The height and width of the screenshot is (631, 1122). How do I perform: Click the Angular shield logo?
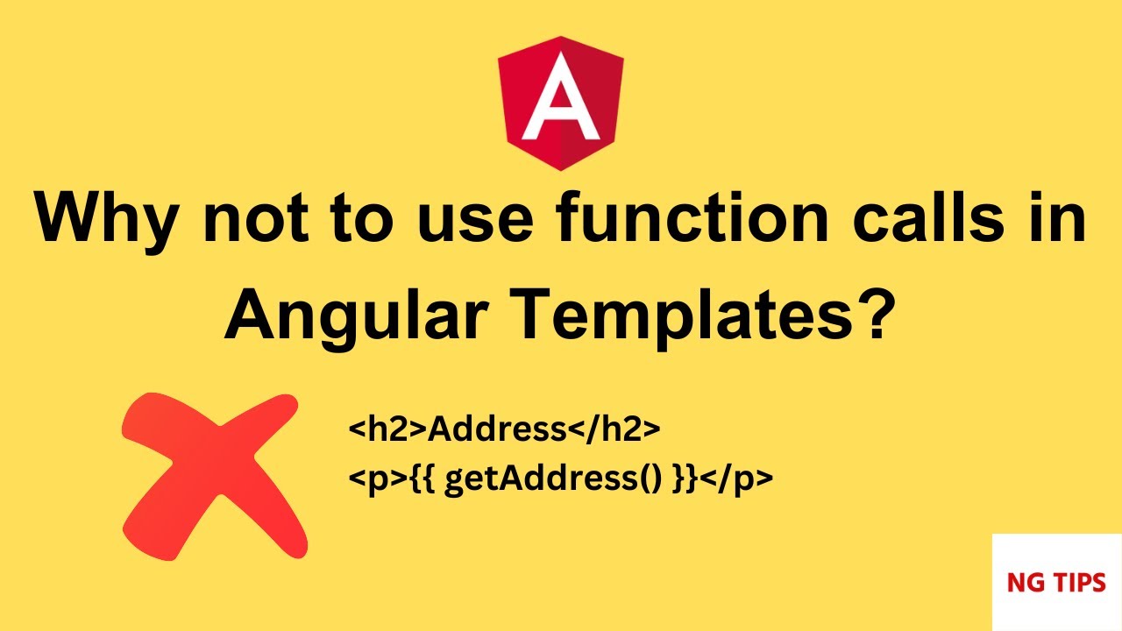coord(560,103)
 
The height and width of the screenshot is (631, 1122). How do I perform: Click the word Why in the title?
coord(106,220)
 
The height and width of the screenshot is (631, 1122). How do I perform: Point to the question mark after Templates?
coord(876,315)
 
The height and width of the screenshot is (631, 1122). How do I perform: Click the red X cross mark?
coord(215,476)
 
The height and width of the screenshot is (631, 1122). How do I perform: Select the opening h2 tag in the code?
coord(387,429)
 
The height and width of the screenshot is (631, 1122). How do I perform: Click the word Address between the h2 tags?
coord(496,429)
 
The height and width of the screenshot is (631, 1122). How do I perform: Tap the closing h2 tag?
coord(614,429)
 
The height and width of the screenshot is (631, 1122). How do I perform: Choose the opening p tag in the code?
coord(378,479)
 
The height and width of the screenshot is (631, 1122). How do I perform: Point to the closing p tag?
coord(736,479)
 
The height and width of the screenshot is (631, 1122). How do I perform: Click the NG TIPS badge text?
coord(1056,583)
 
